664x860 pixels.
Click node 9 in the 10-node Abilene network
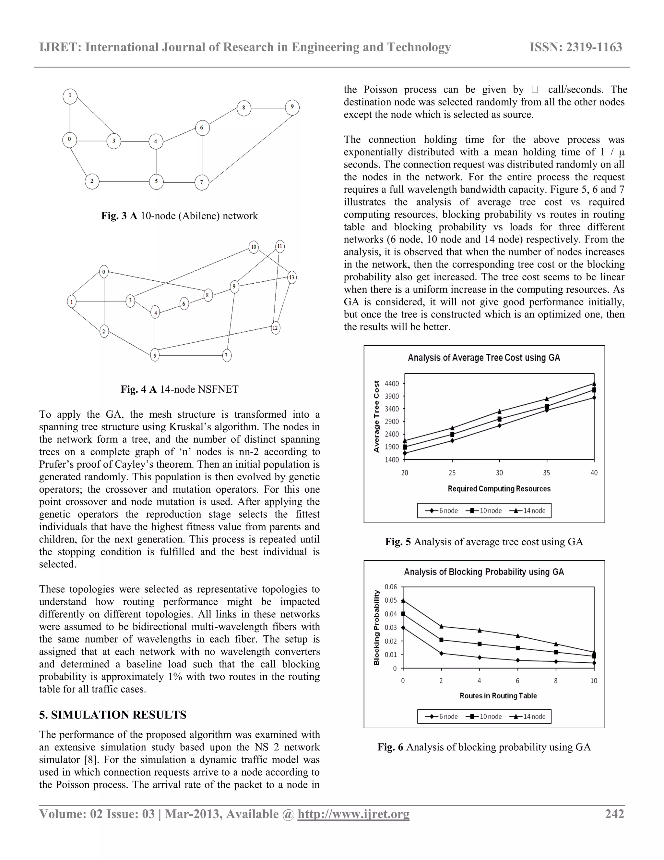click(292, 107)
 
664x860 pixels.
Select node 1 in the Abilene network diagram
click(70, 96)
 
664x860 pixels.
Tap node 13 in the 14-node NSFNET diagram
click(291, 277)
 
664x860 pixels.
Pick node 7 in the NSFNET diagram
click(227, 356)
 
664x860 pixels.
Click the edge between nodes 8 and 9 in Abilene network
click(268, 108)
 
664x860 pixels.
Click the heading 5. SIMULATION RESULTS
click(113, 715)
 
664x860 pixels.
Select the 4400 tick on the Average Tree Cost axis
click(391, 384)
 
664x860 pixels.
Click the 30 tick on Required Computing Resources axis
click(499, 473)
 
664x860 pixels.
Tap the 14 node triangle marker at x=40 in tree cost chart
click(594, 383)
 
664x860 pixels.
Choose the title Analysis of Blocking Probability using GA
click(484, 572)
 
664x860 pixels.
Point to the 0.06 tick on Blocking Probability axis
click(391, 587)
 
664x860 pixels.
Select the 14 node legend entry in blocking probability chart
click(529, 716)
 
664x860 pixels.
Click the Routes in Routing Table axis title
click(498, 696)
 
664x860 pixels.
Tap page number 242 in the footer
click(614, 814)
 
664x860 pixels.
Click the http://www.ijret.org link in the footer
click(353, 814)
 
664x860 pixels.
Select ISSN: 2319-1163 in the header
click(575, 47)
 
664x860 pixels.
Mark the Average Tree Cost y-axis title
click(376, 416)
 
